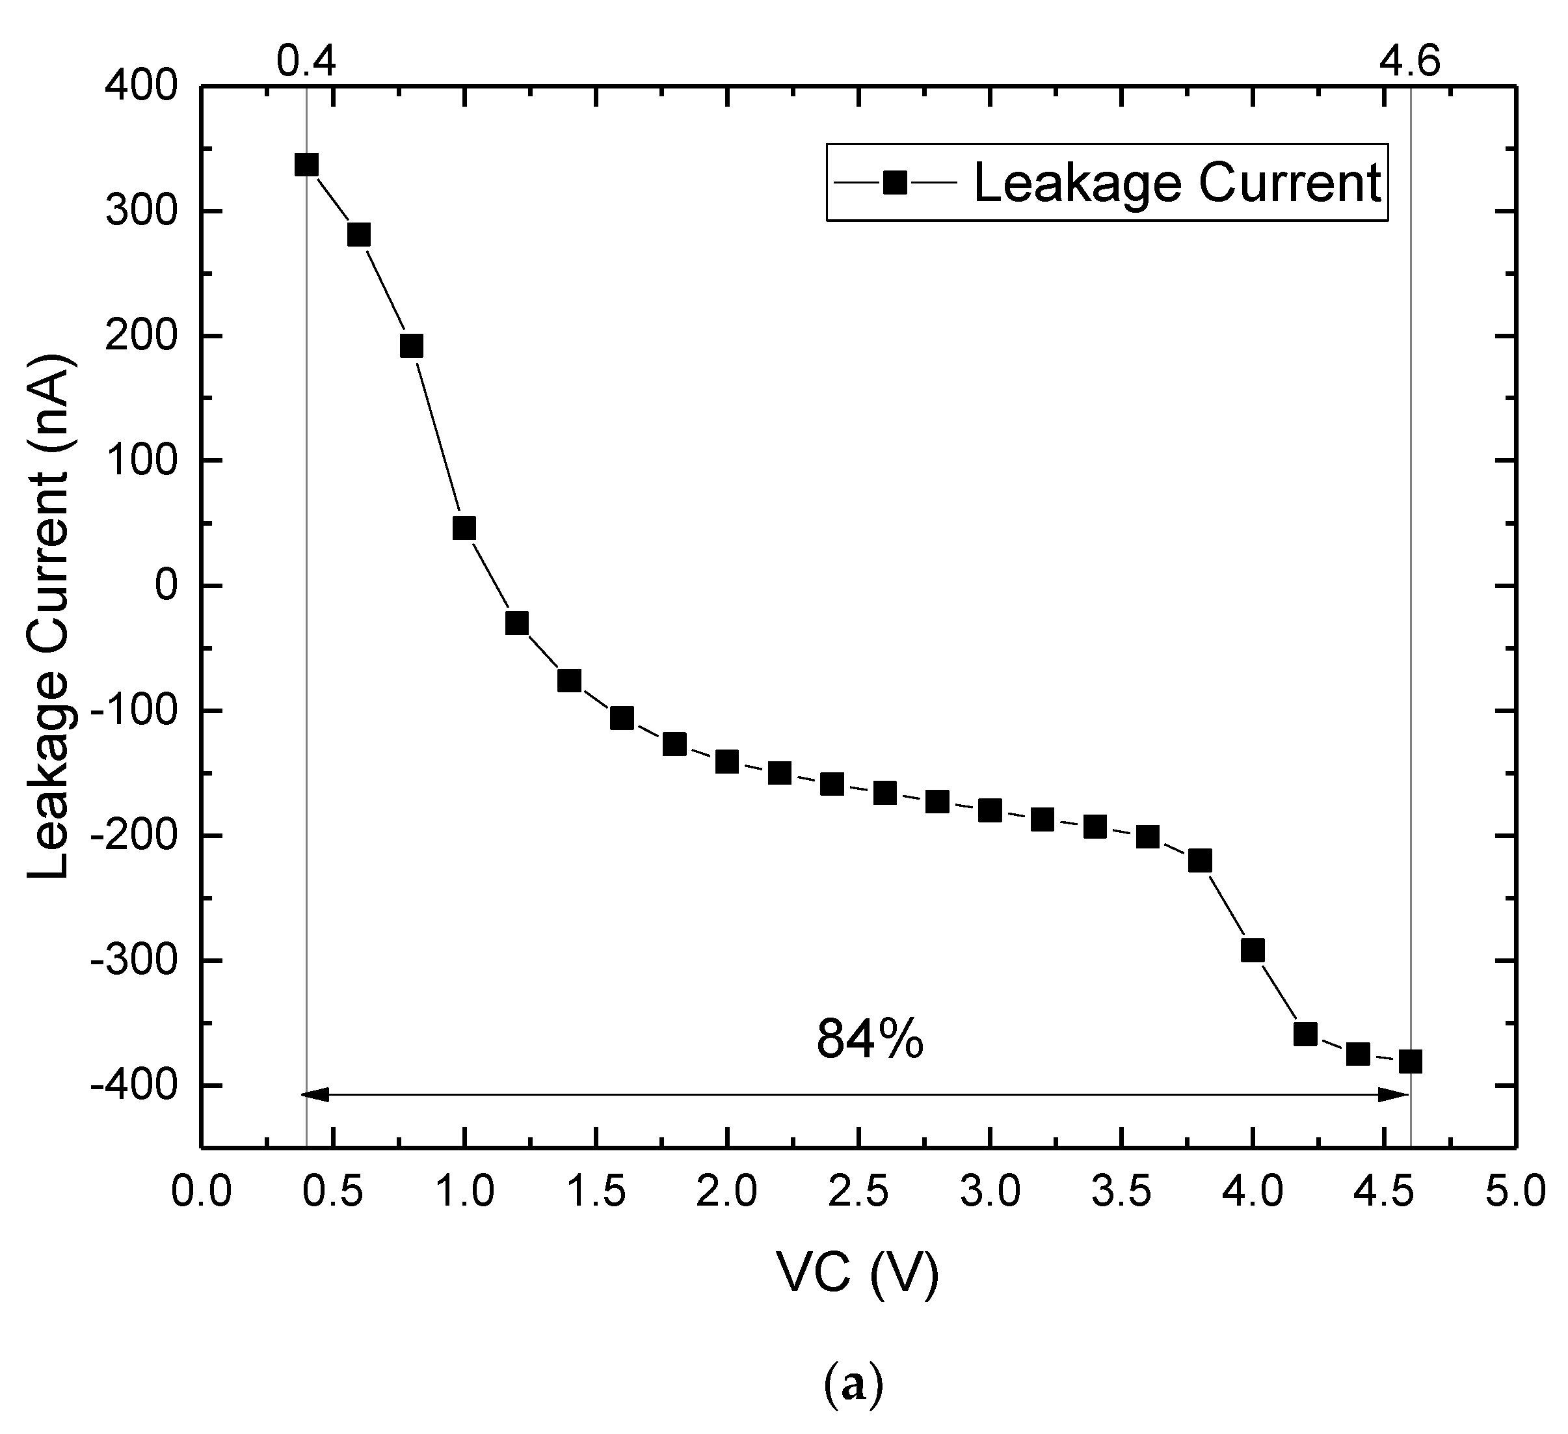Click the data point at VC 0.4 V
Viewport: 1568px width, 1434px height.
[306, 165]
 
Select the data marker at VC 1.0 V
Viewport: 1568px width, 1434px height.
[464, 528]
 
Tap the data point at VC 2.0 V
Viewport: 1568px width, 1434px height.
[726, 762]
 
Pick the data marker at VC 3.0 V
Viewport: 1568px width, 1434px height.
[989, 810]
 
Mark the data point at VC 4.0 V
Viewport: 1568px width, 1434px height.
[1252, 950]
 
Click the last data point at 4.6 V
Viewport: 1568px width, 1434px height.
[1410, 1061]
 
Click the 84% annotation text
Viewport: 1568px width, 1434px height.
[870, 1040]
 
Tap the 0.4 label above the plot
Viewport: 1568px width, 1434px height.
[306, 59]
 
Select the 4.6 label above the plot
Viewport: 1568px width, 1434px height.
[1409, 59]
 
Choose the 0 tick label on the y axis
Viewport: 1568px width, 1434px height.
[167, 585]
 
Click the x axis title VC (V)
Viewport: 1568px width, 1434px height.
[858, 1274]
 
